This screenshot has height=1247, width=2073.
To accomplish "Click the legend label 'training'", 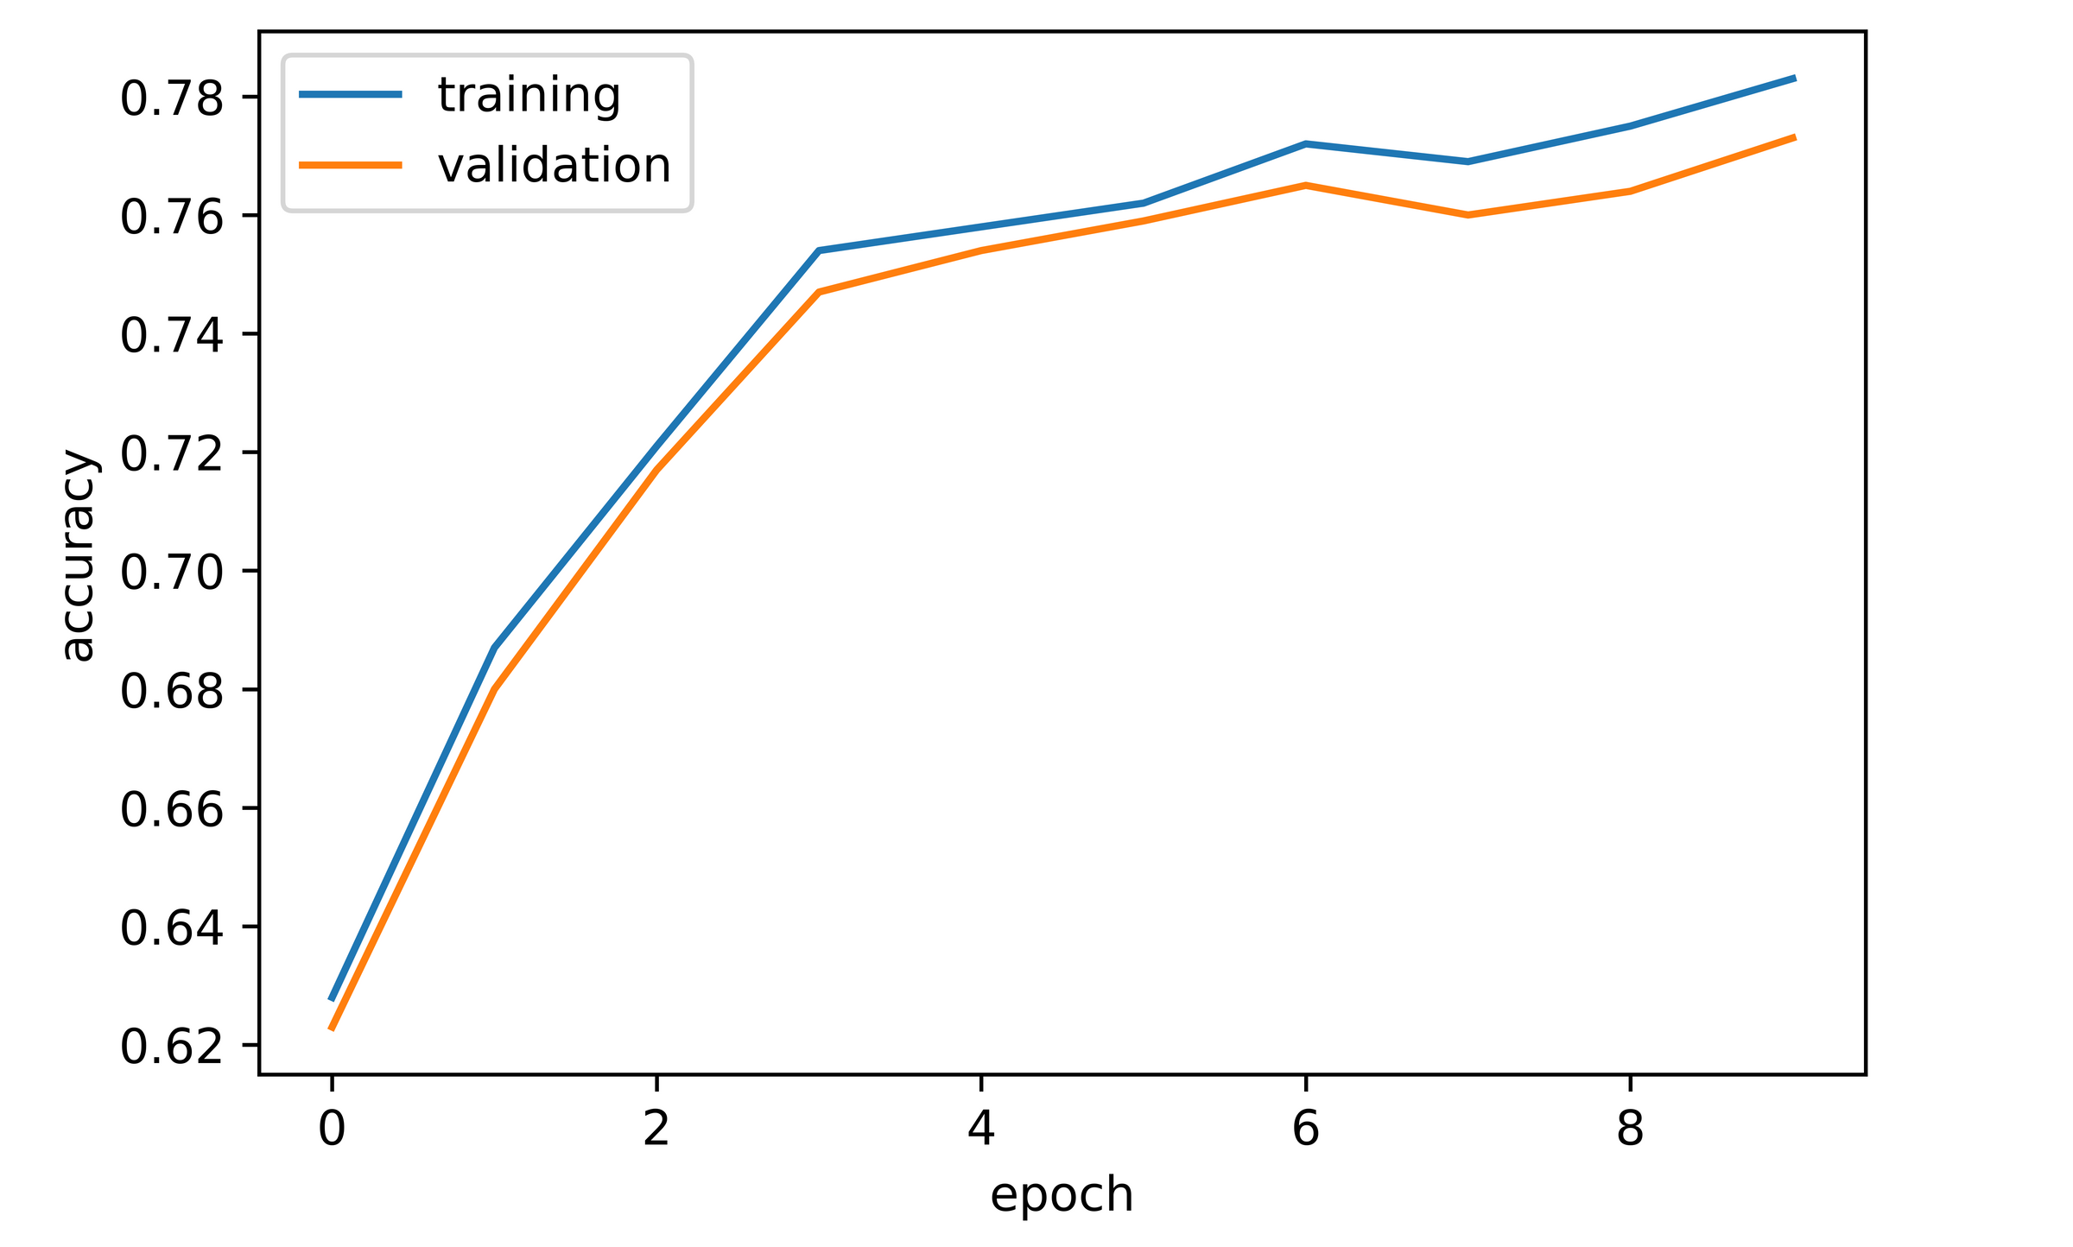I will pos(529,95).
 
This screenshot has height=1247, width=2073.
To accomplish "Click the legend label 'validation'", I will pos(554,165).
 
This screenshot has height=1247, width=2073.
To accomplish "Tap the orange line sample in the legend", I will pos(351,165).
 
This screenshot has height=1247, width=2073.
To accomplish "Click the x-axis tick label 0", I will pos(332,1129).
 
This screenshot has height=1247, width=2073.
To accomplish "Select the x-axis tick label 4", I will pos(980,1129).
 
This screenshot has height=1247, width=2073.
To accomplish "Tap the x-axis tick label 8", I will pos(1630,1129).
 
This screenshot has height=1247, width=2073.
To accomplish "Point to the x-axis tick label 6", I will pos(1305,1129).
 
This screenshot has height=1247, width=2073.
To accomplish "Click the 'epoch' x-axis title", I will pos(1062,1196).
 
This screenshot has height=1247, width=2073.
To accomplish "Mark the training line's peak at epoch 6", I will pos(1305,143).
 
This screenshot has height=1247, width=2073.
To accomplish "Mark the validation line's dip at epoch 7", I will pos(1468,215).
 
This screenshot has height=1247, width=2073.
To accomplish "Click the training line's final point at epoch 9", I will pos(1795,79).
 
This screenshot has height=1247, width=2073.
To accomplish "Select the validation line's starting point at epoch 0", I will pos(332,1029).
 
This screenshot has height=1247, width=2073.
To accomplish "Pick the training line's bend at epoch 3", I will pos(818,250).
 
